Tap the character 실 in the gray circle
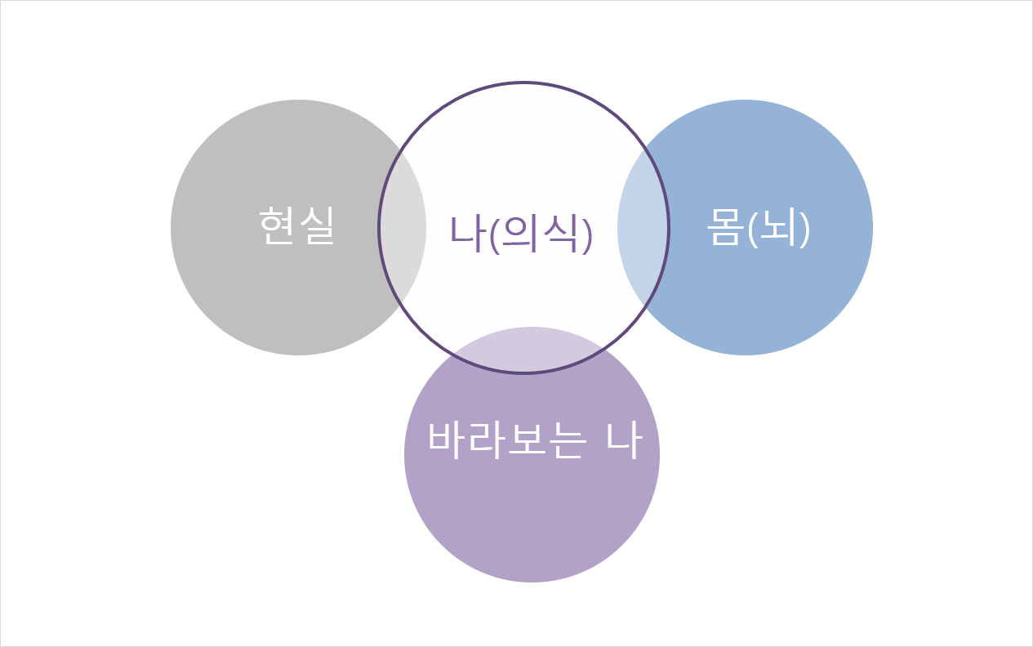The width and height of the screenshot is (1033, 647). pos(317,225)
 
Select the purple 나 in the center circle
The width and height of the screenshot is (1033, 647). pos(468,233)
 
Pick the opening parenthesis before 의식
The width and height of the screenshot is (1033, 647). pos(493,234)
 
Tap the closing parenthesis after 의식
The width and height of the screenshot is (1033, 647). pos(586,234)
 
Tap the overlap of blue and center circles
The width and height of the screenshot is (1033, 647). pos(643,227)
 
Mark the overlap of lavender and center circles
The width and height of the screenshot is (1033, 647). pos(531,350)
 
